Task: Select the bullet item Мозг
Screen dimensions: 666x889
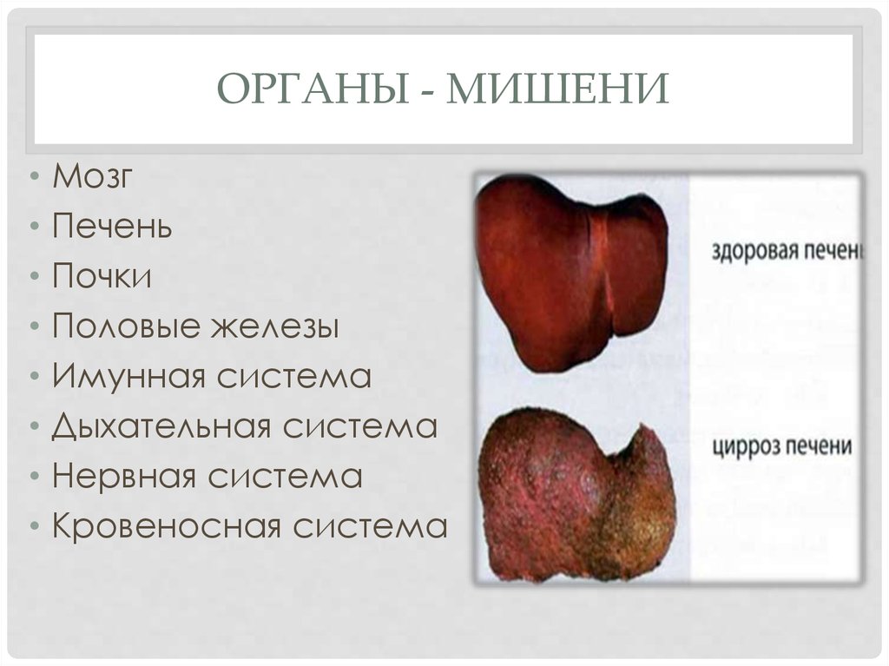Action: tap(93, 176)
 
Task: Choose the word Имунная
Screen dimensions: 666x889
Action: tap(128, 377)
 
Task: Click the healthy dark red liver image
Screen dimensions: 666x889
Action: tap(573, 269)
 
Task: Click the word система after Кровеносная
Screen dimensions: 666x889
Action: tap(370, 527)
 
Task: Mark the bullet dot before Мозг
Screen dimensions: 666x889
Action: tap(33, 178)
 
